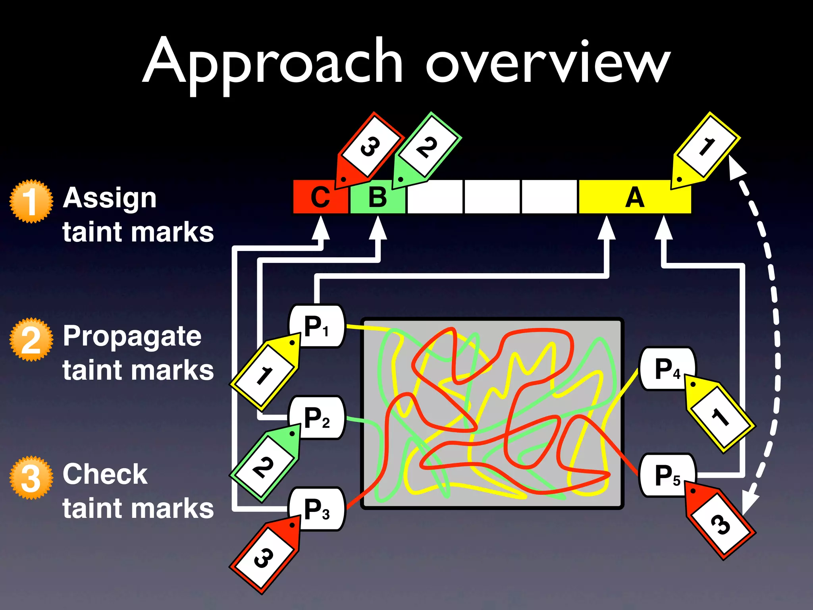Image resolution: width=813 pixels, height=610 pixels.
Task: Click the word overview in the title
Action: click(548, 64)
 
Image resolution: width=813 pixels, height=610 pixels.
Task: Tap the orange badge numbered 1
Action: click(31, 201)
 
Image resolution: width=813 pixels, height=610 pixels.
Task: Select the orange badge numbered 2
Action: click(31, 340)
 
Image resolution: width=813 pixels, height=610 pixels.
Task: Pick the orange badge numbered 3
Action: click(31, 477)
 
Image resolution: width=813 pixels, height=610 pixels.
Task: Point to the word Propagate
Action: click(132, 336)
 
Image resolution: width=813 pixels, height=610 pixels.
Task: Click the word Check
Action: click(105, 474)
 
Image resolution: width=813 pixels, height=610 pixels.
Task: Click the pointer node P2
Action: click(317, 418)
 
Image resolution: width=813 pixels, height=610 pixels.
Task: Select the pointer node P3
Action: click(317, 509)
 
